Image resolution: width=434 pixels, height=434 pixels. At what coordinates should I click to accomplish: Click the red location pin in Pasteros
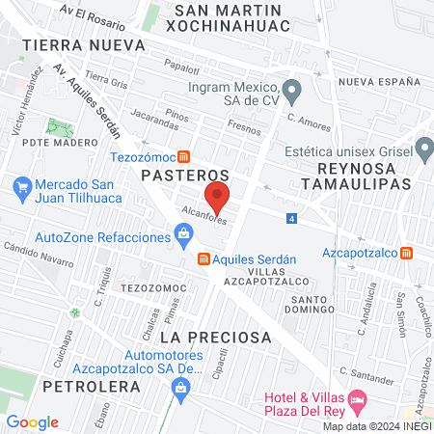[219, 198]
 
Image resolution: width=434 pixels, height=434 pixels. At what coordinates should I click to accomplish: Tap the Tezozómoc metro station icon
[196, 156]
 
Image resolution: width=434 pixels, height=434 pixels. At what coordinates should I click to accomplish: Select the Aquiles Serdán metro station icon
[203, 258]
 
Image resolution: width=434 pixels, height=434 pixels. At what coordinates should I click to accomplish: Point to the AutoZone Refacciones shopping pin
[183, 232]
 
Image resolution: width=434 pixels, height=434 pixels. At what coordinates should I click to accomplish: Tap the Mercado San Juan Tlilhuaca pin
[22, 185]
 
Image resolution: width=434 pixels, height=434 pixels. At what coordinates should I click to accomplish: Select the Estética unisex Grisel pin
[423, 149]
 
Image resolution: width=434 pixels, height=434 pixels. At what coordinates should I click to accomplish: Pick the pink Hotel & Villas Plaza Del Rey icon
[358, 398]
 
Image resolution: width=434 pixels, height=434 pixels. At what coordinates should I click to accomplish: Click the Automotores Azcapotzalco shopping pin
[179, 387]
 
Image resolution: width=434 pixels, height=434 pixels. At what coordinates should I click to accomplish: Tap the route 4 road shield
[291, 219]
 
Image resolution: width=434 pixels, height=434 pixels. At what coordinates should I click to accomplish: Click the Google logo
[32, 422]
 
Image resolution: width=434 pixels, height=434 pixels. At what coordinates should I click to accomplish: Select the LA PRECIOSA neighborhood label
[216, 337]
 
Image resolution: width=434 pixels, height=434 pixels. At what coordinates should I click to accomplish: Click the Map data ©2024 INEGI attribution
[376, 426]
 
